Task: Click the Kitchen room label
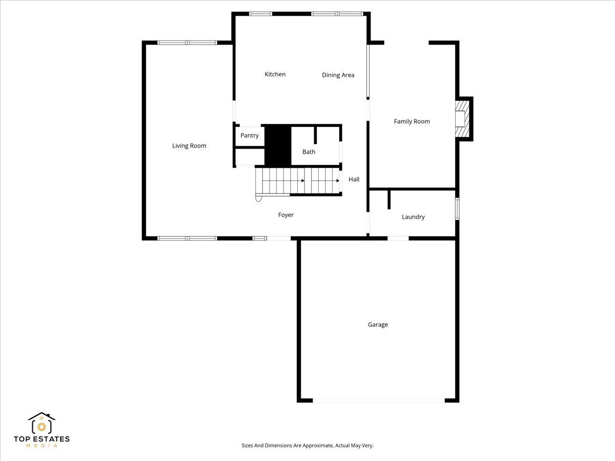[x=275, y=74]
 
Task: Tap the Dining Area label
[x=338, y=75]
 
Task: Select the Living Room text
[x=189, y=146]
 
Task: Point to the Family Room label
[x=412, y=121]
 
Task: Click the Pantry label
[x=250, y=135]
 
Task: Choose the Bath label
[x=309, y=152]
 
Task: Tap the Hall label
[x=354, y=179]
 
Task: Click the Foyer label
[x=285, y=215]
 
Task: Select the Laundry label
[x=413, y=217]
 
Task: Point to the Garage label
[x=378, y=325]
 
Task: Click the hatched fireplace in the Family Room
[x=462, y=119]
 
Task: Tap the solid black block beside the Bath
[x=278, y=145]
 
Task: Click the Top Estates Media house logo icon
[x=42, y=423]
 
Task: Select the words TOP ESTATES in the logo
[x=42, y=439]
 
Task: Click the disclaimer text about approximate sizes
[x=307, y=445]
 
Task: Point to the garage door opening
[x=379, y=401]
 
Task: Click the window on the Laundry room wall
[x=457, y=208]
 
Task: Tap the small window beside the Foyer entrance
[x=260, y=239]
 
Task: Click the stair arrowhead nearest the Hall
[x=338, y=181]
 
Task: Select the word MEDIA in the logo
[x=42, y=446]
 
